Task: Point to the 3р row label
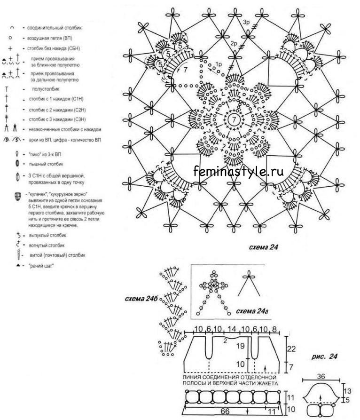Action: point(247,22)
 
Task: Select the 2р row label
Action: point(234,43)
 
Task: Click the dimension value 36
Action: point(321,376)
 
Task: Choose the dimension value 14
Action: point(232,328)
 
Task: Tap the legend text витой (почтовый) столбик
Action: point(51,255)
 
